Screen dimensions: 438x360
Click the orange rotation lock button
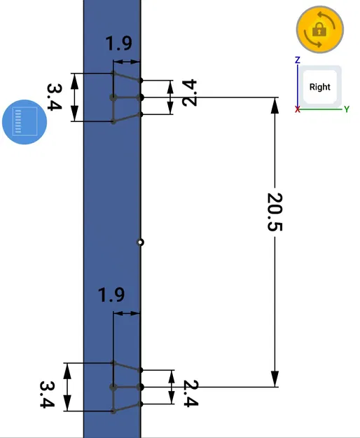(x=319, y=29)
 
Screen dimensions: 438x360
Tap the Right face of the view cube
(x=320, y=87)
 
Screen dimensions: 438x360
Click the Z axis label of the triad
(x=298, y=60)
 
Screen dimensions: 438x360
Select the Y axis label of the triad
(x=346, y=109)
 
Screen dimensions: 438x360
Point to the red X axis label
(x=298, y=110)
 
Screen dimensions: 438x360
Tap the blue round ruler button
(x=25, y=121)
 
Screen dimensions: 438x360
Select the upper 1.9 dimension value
(x=118, y=43)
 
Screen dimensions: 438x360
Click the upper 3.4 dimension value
(x=55, y=97)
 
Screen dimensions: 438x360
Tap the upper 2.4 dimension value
(x=188, y=93)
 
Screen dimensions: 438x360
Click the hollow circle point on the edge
(x=141, y=242)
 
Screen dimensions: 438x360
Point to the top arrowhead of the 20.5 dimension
(x=275, y=104)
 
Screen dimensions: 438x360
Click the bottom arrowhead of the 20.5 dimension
(x=275, y=379)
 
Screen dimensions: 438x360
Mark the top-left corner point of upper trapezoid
(x=113, y=72)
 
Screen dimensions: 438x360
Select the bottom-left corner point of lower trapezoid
(x=113, y=411)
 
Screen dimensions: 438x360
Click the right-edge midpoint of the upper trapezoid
(x=141, y=97)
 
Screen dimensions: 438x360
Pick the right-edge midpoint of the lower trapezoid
(x=141, y=387)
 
